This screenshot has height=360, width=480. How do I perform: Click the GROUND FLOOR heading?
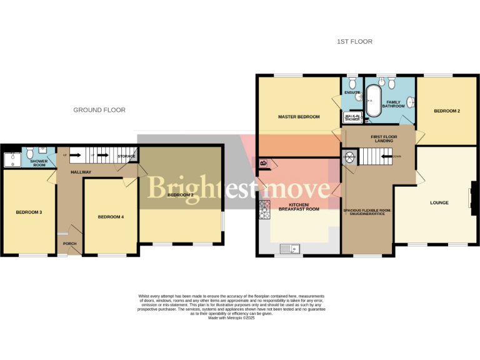point(99,110)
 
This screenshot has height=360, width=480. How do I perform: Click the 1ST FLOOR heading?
point(354,42)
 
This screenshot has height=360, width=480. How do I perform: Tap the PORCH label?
point(69,244)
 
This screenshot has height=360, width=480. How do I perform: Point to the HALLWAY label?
point(81,172)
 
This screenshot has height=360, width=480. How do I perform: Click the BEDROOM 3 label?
point(29,212)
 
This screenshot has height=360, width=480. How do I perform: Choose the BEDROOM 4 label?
point(111,217)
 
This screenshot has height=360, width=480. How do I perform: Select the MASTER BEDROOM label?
point(299,117)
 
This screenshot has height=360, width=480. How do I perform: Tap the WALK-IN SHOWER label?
point(352,117)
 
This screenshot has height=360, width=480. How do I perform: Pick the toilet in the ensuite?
point(352,82)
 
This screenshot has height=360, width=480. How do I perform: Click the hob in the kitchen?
point(263,210)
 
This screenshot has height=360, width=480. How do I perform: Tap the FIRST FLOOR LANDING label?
point(384,139)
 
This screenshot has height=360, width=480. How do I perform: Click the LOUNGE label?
point(439,203)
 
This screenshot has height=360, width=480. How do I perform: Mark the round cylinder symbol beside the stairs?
point(349,157)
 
